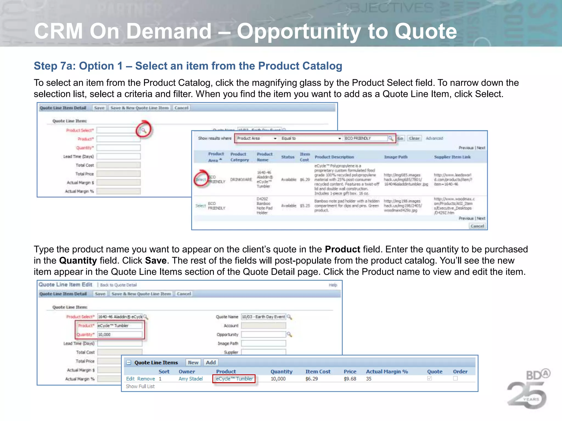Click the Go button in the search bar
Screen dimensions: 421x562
[400, 138]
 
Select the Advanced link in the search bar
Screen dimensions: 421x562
[434, 138]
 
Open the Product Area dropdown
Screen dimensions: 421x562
[257, 138]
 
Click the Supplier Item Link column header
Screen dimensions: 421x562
[452, 157]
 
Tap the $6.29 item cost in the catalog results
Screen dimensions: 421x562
[305, 180]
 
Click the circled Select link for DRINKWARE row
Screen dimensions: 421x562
[201, 180]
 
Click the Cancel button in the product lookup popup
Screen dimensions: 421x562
[477, 226]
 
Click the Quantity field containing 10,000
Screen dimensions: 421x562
[120, 335]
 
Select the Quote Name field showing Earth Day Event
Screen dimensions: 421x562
[263, 317]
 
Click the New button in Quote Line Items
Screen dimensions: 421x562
[193, 363]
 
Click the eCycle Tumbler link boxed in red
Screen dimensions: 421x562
[234, 379]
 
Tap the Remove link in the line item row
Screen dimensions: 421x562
[146, 379]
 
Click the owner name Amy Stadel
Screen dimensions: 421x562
[190, 379]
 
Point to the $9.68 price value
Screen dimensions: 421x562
[350, 379]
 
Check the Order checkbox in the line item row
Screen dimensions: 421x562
[455, 379]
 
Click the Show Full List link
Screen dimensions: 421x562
[140, 386]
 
